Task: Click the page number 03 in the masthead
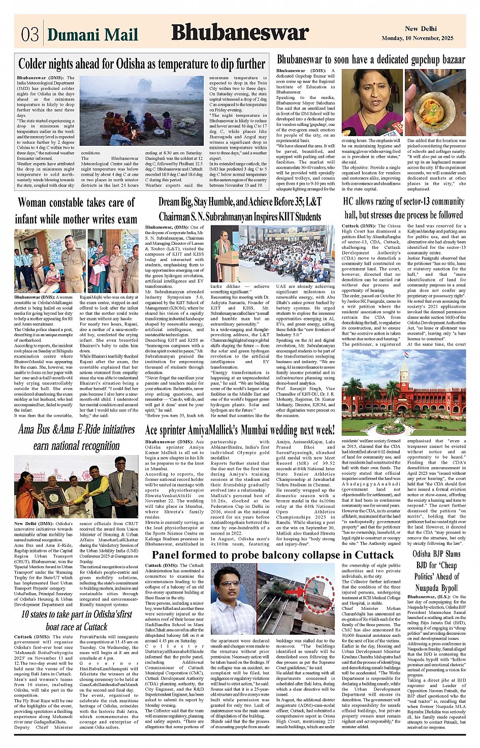(x=30, y=34)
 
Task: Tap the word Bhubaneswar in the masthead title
(x=240, y=32)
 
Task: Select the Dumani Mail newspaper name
(x=92, y=35)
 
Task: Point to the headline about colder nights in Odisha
(x=142, y=64)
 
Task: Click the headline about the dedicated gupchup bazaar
(x=371, y=59)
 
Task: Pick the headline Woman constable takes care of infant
(x=76, y=211)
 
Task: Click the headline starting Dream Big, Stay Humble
(x=240, y=209)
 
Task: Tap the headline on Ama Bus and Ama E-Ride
(x=76, y=437)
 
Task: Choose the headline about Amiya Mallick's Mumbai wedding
(x=240, y=430)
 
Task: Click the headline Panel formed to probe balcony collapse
(x=272, y=555)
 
